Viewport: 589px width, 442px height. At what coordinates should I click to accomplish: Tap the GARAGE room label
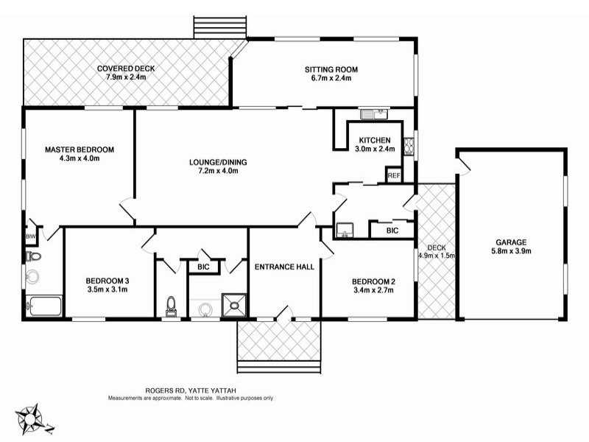(x=510, y=241)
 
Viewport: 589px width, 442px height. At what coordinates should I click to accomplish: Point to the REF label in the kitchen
(x=394, y=175)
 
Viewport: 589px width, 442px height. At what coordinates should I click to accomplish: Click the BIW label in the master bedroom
(x=30, y=236)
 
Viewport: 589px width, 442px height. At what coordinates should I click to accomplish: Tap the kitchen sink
(x=373, y=114)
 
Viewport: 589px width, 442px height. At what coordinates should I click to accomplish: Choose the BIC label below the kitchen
(x=392, y=231)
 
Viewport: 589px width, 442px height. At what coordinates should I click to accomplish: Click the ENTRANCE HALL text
(x=285, y=267)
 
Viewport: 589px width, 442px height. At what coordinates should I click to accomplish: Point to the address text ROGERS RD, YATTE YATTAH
(x=191, y=392)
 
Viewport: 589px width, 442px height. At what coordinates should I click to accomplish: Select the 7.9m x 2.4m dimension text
(x=126, y=77)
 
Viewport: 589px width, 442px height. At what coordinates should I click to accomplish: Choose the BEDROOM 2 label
(x=373, y=281)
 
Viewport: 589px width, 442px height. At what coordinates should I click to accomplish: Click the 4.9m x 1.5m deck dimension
(x=437, y=256)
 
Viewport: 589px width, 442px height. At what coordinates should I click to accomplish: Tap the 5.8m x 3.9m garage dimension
(x=510, y=250)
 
